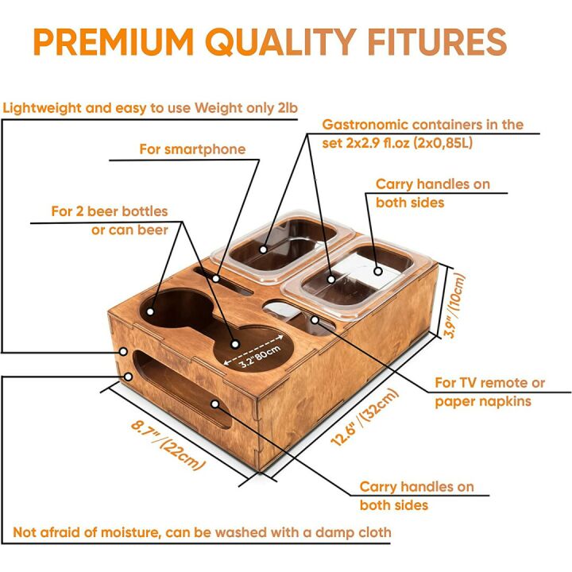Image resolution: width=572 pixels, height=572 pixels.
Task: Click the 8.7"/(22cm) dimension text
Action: click(x=168, y=445)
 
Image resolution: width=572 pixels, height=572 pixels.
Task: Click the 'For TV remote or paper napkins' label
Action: click(x=489, y=392)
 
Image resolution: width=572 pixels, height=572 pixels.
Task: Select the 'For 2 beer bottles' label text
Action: click(x=110, y=211)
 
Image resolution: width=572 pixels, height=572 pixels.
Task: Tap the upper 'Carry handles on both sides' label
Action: click(x=432, y=193)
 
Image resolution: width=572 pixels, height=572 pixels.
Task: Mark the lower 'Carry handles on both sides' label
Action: click(x=416, y=496)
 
